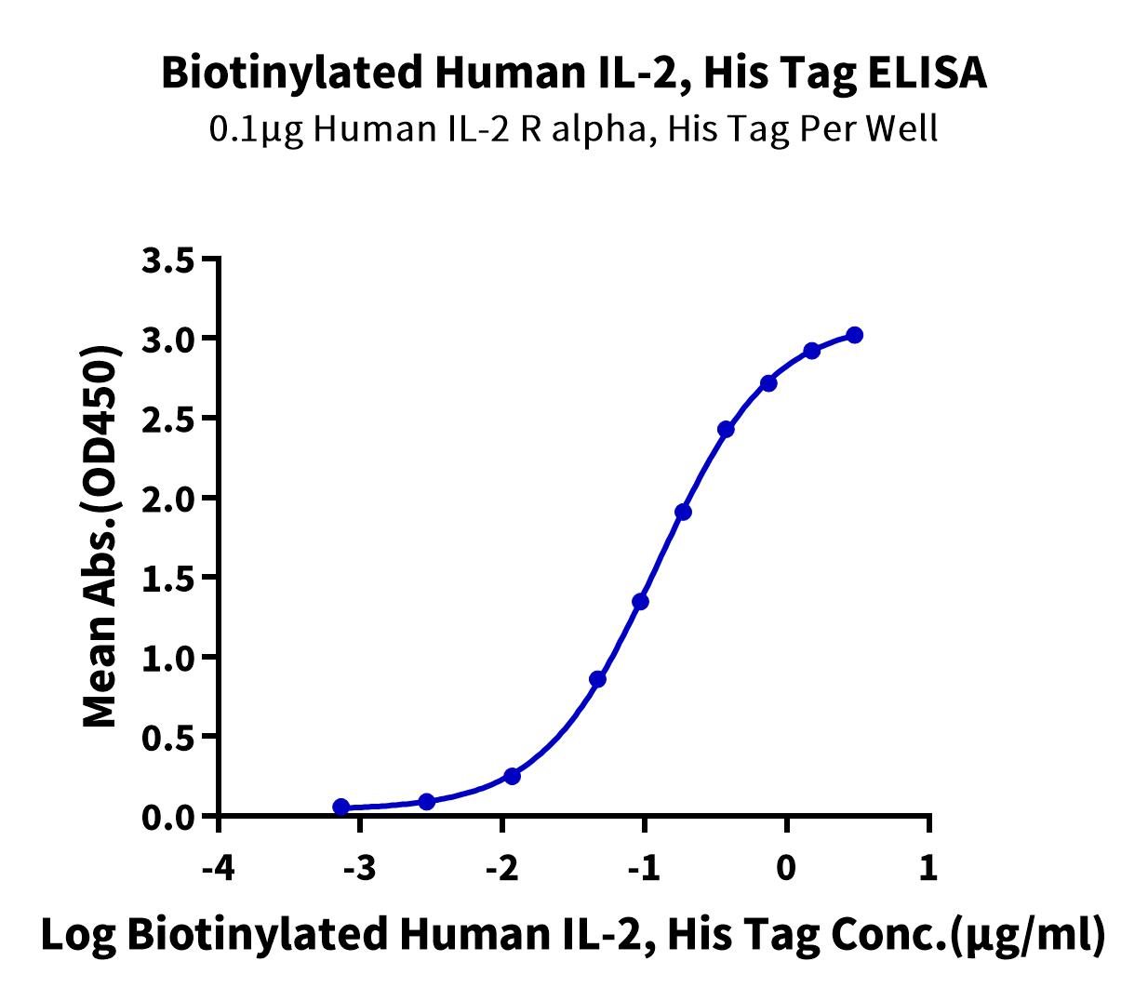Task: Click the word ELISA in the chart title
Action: click(927, 73)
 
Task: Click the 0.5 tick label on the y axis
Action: click(167, 737)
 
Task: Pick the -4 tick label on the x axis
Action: click(219, 868)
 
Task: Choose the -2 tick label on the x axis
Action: click(502, 868)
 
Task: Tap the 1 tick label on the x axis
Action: click(928, 868)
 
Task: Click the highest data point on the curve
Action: click(855, 336)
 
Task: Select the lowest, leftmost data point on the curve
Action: click(341, 807)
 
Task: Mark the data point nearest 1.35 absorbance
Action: click(640, 602)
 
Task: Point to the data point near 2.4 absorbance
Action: click(726, 429)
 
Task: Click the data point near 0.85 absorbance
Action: click(597, 679)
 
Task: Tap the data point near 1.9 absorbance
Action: click(684, 512)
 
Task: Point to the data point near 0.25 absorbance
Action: click(512, 777)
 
